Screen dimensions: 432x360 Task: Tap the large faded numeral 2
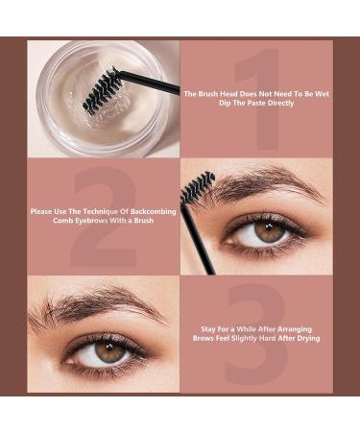[103, 216]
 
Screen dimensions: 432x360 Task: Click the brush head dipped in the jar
[102, 89]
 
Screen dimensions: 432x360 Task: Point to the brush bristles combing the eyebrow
[198, 185]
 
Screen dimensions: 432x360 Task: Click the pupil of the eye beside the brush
[270, 231]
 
